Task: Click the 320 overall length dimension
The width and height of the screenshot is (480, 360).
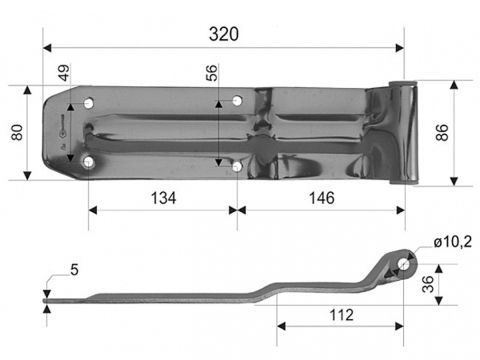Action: [x=224, y=32]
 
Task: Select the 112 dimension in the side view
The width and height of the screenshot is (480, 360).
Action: [x=341, y=315]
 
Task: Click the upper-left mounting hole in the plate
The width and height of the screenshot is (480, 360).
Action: [x=91, y=101]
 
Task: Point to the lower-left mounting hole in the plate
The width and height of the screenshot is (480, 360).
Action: [x=90, y=161]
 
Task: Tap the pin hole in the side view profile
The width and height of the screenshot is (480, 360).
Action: [x=403, y=262]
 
